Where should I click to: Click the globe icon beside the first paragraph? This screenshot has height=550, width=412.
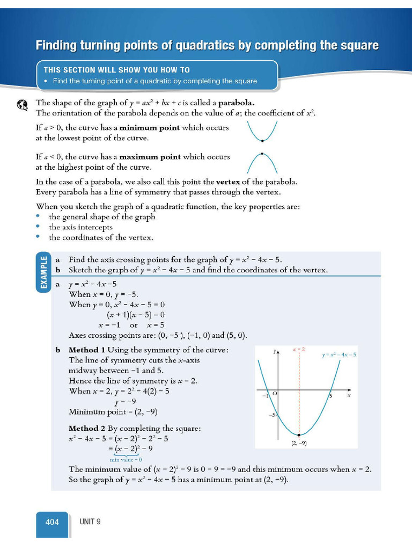pos(22,105)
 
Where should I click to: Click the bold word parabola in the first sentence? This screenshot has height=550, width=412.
pos(237,103)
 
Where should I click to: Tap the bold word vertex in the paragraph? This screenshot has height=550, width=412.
pos(227,182)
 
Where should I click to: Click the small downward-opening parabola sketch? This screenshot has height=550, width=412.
pos(262,161)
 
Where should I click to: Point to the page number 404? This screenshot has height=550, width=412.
pos(52,522)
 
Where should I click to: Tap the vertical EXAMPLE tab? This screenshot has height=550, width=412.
pos(43,272)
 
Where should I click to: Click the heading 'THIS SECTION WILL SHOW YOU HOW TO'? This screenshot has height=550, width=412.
pos(116,70)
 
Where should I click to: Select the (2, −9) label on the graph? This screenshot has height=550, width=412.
pos(299,443)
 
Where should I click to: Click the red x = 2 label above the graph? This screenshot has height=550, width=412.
pos(298,350)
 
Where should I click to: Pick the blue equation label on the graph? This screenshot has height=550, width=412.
pos(339,355)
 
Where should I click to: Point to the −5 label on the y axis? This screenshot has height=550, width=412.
pos(272,415)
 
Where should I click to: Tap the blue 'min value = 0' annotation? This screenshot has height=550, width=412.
pos(126,459)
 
